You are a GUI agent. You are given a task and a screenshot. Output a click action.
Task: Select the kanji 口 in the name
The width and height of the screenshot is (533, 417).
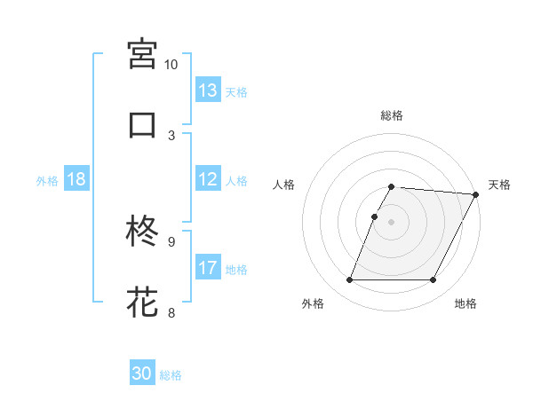click(x=143, y=124)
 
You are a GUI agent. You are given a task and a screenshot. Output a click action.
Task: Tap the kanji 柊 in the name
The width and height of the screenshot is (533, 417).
click(x=143, y=232)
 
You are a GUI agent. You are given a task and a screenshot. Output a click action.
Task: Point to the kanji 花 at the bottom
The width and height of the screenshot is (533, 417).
click(x=143, y=302)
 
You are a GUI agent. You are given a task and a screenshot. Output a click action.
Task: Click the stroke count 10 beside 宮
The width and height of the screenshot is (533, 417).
click(x=171, y=65)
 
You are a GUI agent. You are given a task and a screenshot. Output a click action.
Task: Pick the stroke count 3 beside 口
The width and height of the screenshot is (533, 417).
click(x=171, y=135)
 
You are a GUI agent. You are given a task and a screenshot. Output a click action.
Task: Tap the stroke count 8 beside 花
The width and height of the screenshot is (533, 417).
click(x=171, y=311)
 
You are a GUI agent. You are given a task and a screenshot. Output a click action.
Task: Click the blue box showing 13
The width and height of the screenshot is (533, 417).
click(x=208, y=90)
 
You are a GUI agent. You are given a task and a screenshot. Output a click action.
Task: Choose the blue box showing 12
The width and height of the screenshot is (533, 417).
click(x=208, y=179)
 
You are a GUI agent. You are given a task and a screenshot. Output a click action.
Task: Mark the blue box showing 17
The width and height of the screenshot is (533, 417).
click(x=208, y=268)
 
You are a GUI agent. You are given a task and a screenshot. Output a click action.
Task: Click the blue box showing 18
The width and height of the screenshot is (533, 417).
click(x=76, y=179)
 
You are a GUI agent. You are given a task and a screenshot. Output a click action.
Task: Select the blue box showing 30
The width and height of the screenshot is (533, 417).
click(x=142, y=374)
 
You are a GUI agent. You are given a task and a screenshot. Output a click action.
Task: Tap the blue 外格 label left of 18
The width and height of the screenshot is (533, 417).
click(x=47, y=180)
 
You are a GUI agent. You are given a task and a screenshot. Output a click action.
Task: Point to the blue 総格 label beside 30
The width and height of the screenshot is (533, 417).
click(x=171, y=375)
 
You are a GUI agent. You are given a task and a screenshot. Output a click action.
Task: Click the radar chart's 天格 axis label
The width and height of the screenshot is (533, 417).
click(x=499, y=185)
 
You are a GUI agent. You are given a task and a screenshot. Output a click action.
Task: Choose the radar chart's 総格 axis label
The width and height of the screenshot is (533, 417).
click(x=392, y=115)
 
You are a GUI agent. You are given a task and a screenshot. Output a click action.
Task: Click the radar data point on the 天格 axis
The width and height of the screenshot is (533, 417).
click(x=476, y=194)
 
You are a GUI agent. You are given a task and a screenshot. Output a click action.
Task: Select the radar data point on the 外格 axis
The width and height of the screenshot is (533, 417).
click(x=350, y=280)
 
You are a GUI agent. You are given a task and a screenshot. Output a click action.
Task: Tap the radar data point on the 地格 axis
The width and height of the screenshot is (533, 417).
click(x=434, y=280)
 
